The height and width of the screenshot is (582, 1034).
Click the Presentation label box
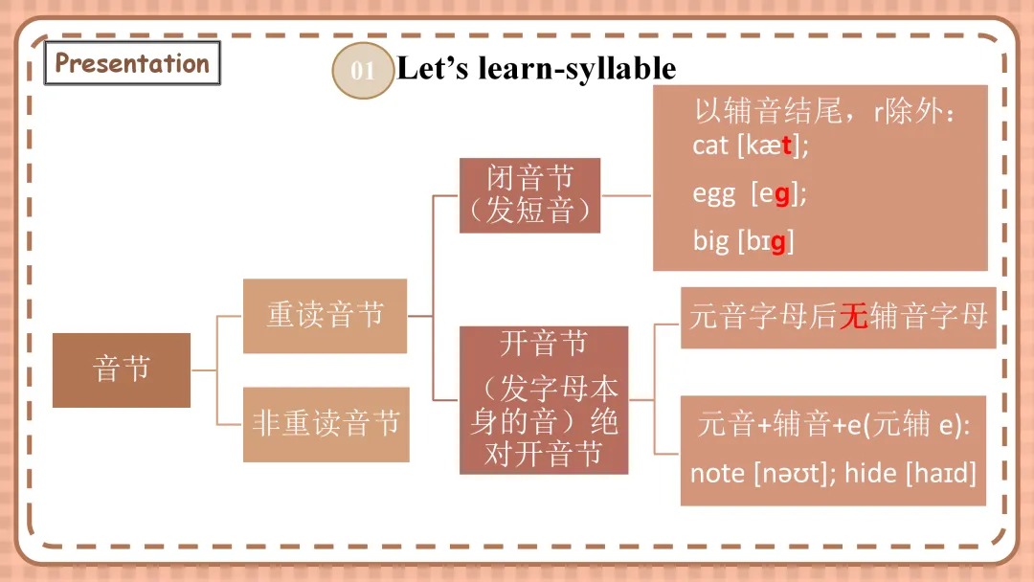point(132,64)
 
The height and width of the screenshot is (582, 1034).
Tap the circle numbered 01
point(363,71)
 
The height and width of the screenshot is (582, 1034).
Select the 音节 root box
point(122,369)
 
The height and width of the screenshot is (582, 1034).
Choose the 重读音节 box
point(325,315)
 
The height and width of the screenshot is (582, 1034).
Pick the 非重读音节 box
point(326,424)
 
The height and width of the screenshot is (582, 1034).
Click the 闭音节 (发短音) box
point(529,194)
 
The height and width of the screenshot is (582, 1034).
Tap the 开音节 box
point(544,399)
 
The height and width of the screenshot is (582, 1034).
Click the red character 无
point(852,317)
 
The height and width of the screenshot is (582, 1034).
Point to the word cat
point(710,145)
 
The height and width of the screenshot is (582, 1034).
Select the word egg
point(713,194)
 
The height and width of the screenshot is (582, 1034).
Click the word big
point(710,240)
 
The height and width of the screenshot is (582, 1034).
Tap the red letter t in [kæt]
point(787,145)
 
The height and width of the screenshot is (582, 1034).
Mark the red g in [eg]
point(782,194)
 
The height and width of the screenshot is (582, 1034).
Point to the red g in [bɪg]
point(777,241)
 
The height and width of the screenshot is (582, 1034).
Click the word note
point(717,473)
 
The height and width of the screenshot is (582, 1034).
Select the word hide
point(870,473)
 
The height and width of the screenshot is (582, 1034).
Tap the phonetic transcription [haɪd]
point(941,473)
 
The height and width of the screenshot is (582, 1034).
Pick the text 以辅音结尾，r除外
point(824,113)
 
